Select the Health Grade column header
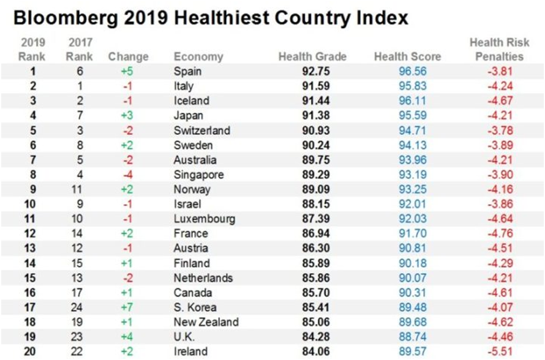point(312,56)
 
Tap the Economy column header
point(198,56)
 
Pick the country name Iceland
point(192,100)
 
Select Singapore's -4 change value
point(128,174)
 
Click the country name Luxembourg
point(205,219)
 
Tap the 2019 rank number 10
point(28,204)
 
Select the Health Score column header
point(407,56)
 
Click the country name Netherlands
point(203,278)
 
